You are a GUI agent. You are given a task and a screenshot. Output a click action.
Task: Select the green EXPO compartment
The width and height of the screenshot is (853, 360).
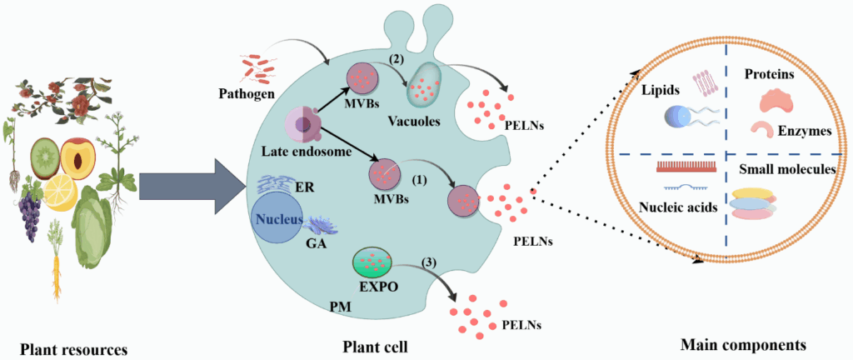pos(373,264)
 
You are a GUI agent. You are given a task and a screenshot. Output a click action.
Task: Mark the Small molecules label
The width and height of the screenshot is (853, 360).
pos(786,170)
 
